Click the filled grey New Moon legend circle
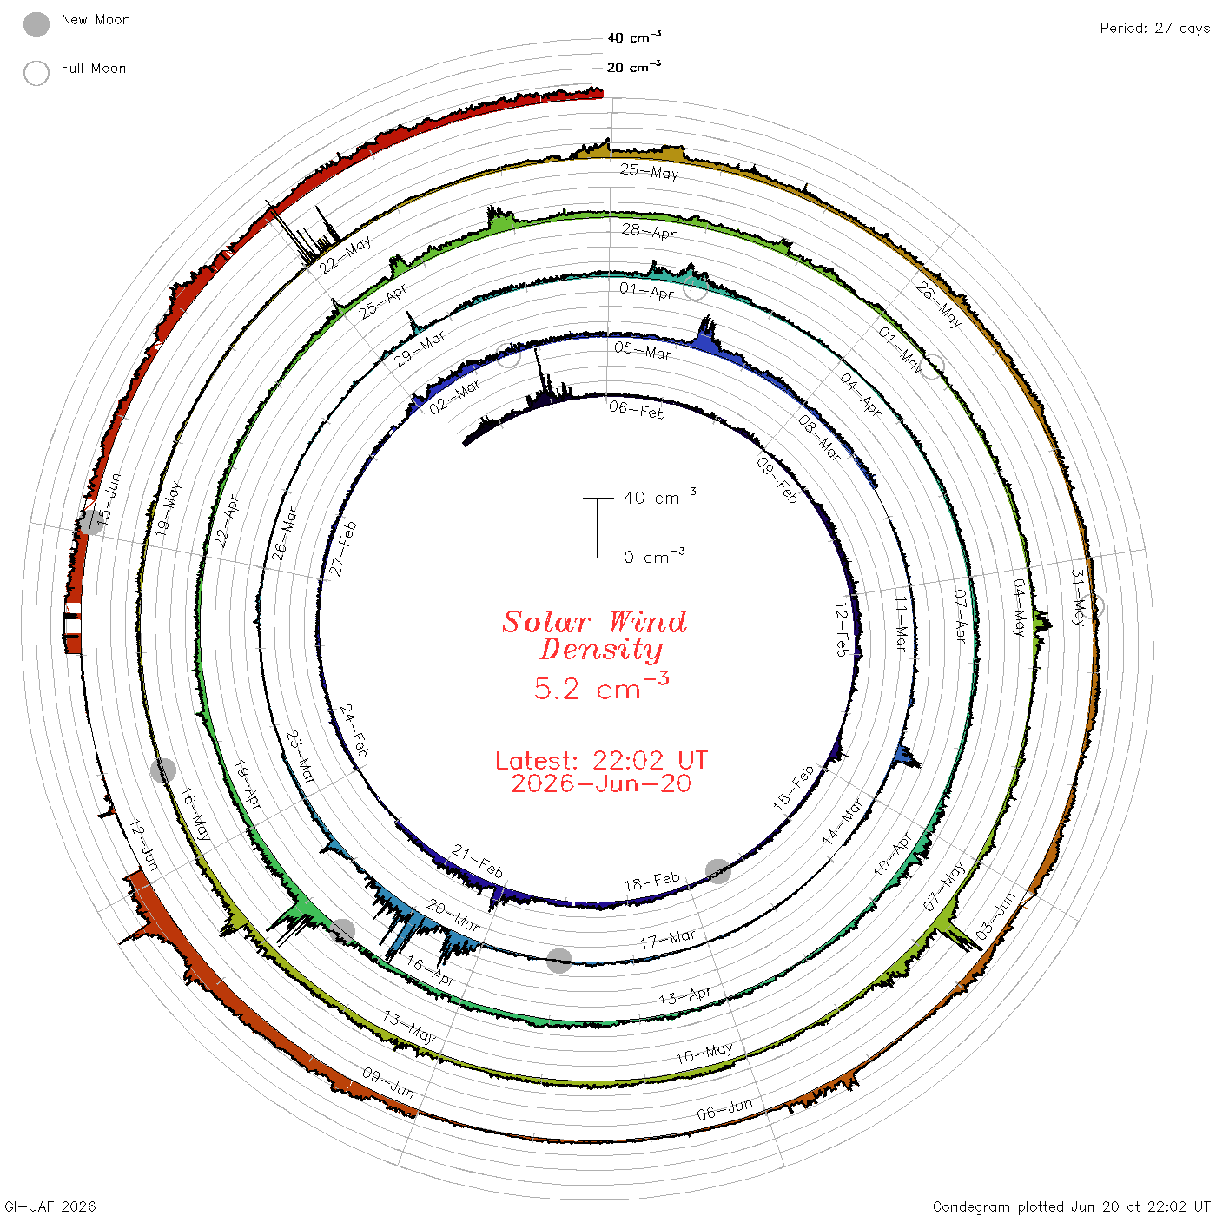pos(36,24)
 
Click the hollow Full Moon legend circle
pos(36,73)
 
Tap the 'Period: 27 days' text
pos(1154,29)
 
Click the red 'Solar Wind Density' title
pos(594,636)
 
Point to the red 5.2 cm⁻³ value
pos(601,687)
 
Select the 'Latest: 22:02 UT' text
pos(601,760)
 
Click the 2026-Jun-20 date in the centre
pos(601,783)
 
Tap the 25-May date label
pos(649,171)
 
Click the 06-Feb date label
pos(637,410)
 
